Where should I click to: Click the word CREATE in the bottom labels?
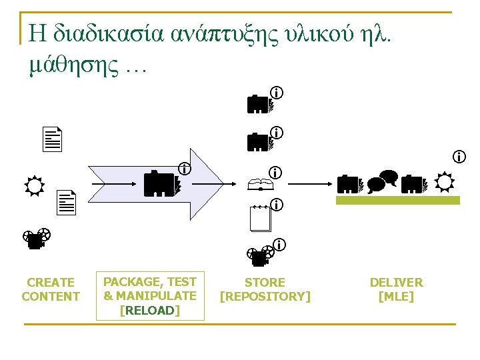tap(51, 283)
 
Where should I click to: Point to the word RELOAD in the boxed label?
tap(150, 310)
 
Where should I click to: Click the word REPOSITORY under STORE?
tap(265, 296)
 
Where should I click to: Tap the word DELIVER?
tap(396, 283)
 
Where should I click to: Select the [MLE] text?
tap(396, 297)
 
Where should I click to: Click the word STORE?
tap(265, 283)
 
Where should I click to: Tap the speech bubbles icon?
tap(382, 181)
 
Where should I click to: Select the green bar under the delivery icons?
tap(397, 200)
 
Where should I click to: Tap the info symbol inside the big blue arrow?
tap(183, 169)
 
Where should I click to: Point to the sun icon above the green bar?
tap(443, 181)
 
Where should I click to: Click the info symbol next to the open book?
tap(275, 173)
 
